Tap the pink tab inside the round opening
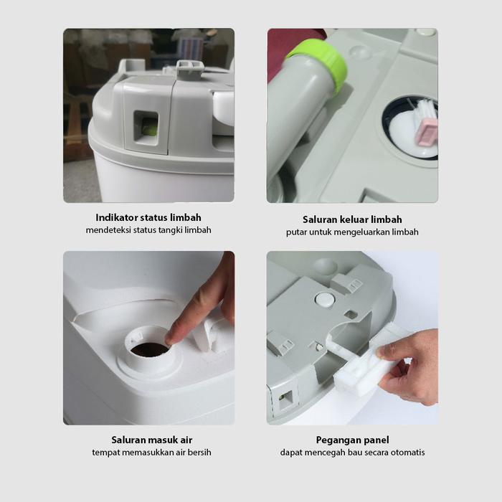425,132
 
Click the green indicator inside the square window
150,129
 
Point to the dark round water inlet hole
149,350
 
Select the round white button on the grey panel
326,299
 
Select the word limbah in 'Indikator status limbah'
186,217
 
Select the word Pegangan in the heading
336,440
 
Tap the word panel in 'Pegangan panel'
374,440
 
